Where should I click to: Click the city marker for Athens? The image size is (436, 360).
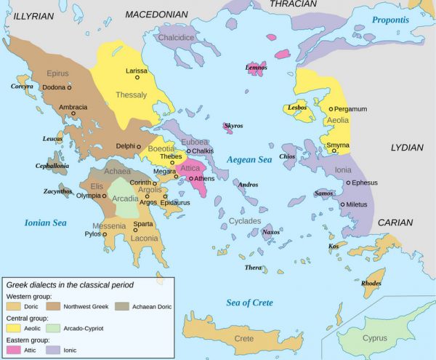tap(191, 178)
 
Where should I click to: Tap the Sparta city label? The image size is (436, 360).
tap(143, 223)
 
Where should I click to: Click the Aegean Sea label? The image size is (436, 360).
tap(249, 159)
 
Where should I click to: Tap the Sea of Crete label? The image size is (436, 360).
tap(249, 303)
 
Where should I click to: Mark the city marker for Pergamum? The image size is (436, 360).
tap(331, 109)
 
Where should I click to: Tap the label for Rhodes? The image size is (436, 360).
tap(371, 283)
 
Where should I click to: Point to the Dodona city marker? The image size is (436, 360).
tap(70, 87)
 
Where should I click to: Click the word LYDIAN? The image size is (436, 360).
tap(407, 148)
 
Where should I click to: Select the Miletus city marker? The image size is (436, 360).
tap(342, 204)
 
